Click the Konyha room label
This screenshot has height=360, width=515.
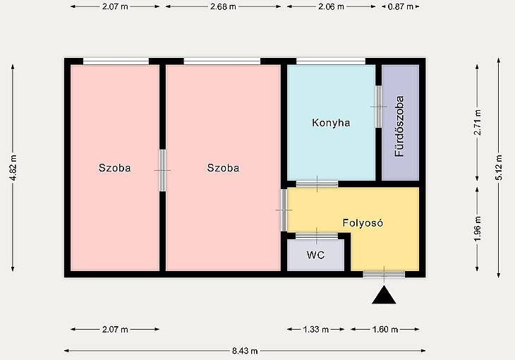(331, 123)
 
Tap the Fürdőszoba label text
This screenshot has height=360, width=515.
(399, 126)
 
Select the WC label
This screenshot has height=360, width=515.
(315, 255)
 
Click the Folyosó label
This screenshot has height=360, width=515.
(363, 223)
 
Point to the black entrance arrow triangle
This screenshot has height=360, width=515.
(384, 295)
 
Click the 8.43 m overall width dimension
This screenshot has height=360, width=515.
(245, 351)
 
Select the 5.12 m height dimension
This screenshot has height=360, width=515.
(499, 167)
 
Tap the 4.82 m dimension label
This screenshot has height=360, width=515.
(13, 168)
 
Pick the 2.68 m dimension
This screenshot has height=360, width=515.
(223, 6)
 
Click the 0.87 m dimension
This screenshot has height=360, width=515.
(401, 6)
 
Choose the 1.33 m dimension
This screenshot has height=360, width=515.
(315, 330)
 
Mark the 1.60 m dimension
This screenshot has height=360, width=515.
(385, 330)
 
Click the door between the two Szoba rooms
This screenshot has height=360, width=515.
(162, 170)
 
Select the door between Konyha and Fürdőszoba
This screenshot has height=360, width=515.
(378, 107)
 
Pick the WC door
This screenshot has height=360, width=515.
(317, 236)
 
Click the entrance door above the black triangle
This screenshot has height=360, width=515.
(384, 275)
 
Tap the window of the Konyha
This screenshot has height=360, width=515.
(331, 61)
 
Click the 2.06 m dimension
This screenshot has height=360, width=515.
(331, 6)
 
